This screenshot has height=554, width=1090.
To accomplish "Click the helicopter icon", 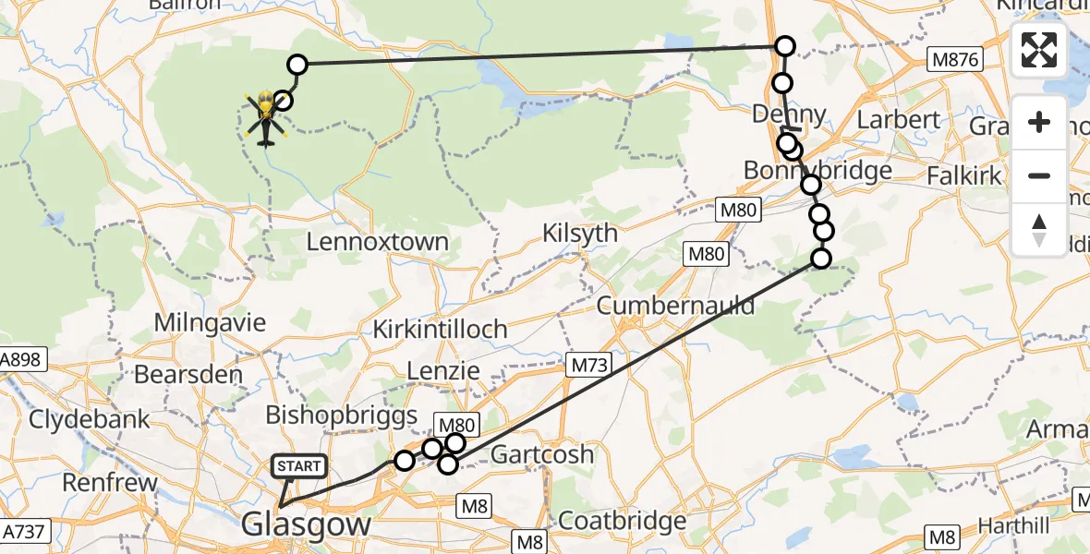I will (x=266, y=118).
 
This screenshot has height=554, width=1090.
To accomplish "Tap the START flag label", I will (x=298, y=466).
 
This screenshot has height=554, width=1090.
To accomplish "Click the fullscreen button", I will (x=1039, y=51).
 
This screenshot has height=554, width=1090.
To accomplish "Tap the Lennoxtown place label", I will (x=377, y=243).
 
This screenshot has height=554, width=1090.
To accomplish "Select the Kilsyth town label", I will (x=580, y=233).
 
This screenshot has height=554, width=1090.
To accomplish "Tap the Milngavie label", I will (x=211, y=323).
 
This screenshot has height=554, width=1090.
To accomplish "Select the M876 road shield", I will (x=954, y=60).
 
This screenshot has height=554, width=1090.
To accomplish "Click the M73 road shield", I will (x=588, y=366).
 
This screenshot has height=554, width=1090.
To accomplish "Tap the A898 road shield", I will (x=20, y=359).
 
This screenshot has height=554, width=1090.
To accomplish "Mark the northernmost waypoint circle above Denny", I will (x=784, y=46).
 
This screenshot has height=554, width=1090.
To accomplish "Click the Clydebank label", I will (x=90, y=419).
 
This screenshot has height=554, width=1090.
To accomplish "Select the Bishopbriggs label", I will (x=341, y=415).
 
